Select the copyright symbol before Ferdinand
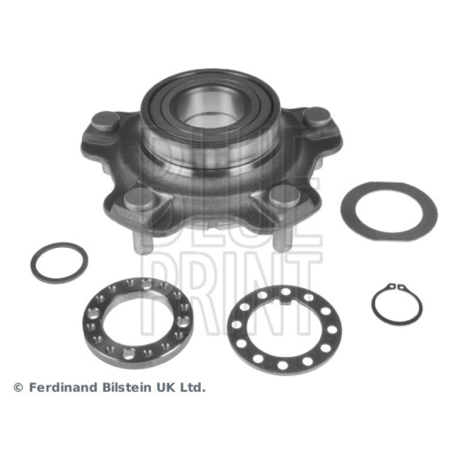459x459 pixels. (x=18, y=388)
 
